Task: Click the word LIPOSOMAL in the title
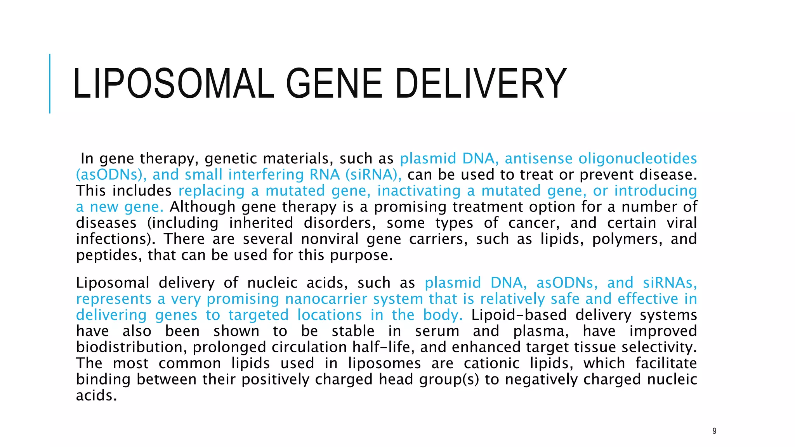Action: pos(174,83)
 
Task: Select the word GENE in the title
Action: pos(334,83)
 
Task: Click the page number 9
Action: pos(714,431)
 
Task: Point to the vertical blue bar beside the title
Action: pos(50,83)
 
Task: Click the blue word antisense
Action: pos(538,159)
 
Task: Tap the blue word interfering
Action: pos(266,175)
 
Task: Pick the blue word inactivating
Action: pos(419,191)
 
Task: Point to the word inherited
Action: pos(261,223)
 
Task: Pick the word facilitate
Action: pos(666,364)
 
